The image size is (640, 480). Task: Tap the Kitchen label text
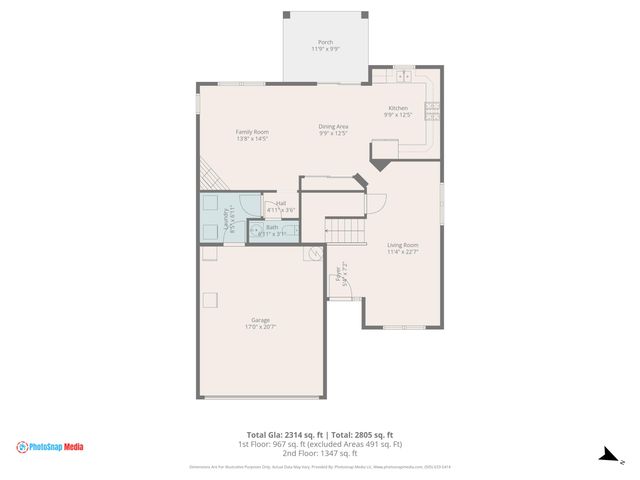[x=398, y=108]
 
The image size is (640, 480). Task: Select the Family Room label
[x=252, y=132]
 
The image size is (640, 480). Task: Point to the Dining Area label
[x=333, y=126]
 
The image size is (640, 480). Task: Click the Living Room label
[x=402, y=245]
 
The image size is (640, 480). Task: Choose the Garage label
[x=260, y=320]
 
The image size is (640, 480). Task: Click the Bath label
[x=272, y=227]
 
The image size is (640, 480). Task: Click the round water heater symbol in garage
[x=312, y=254]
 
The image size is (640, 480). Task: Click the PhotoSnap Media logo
[x=49, y=447]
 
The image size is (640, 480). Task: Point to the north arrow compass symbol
[x=606, y=455]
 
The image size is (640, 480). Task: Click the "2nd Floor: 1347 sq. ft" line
[x=320, y=453]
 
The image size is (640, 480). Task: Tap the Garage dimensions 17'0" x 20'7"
[x=260, y=327]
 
